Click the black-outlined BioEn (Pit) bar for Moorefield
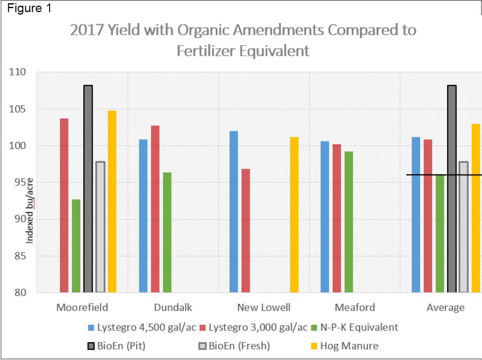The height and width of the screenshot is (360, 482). [88, 189]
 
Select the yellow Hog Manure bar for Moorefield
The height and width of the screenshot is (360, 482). [112, 201]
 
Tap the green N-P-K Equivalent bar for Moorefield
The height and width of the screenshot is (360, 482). [76, 246]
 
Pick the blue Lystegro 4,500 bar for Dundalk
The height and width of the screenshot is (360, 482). [143, 216]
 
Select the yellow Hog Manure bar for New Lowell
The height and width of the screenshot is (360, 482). [294, 215]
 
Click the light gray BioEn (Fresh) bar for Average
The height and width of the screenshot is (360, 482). [464, 227]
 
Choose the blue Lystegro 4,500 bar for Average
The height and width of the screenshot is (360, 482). [416, 215]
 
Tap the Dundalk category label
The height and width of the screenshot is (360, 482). [173, 307]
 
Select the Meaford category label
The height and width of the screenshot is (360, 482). [355, 307]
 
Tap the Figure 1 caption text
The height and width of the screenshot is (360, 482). [29, 9]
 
